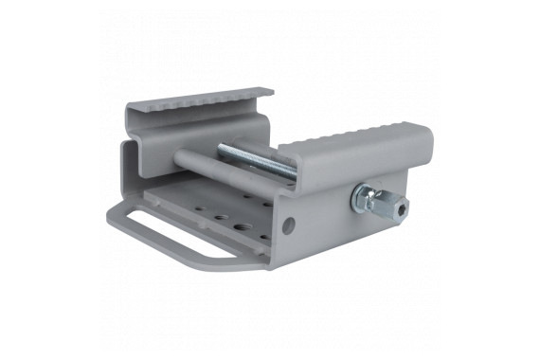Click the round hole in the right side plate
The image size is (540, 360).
coord(288,225)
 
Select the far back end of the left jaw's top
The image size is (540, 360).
coord(265,93)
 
